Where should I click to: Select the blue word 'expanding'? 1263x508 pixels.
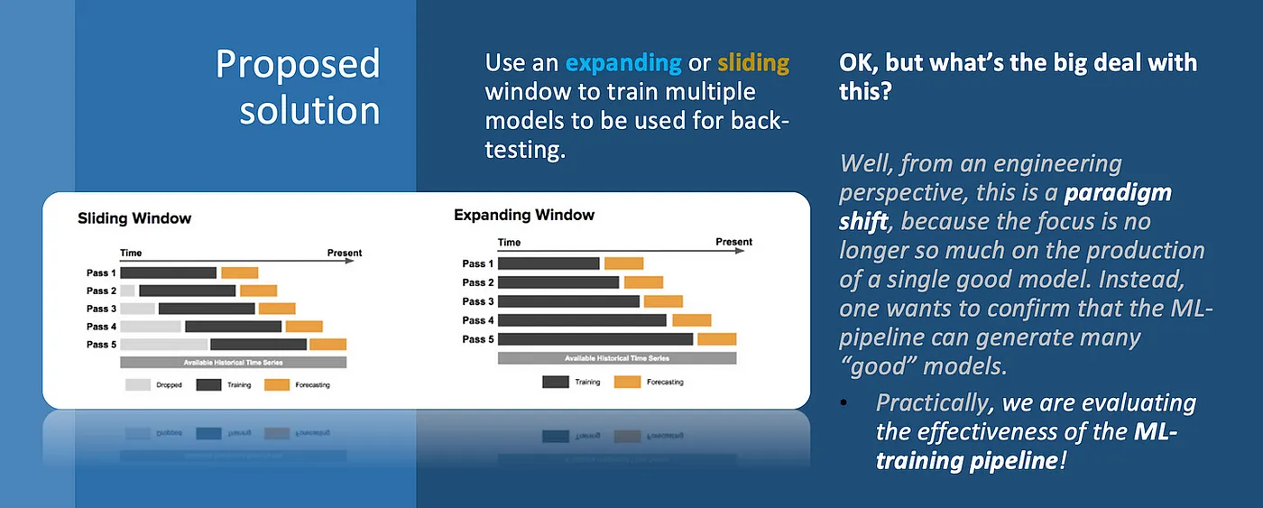(623, 63)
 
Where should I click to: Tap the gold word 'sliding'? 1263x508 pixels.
(753, 63)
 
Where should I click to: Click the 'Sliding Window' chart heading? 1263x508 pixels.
(134, 218)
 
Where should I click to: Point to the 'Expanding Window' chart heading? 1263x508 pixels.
(524, 215)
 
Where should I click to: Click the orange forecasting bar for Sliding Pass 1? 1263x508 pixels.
(240, 272)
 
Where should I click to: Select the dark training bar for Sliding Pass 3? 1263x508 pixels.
(207, 309)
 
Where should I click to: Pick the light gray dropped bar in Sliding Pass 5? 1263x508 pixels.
(163, 344)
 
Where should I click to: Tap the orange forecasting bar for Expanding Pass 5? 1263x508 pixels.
(717, 339)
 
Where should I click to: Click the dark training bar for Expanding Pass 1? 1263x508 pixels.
(549, 263)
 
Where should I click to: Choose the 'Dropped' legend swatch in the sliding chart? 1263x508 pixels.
(138, 384)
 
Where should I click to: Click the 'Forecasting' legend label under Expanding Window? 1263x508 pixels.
(665, 382)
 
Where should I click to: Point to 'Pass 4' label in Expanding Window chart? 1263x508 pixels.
(477, 320)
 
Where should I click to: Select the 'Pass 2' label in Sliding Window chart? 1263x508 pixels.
(102, 291)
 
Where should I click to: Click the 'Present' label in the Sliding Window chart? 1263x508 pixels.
(345, 253)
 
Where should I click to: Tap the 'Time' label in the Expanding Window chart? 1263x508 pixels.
(509, 242)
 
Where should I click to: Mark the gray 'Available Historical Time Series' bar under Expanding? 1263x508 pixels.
(617, 358)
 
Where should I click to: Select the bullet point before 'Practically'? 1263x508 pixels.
(844, 403)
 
